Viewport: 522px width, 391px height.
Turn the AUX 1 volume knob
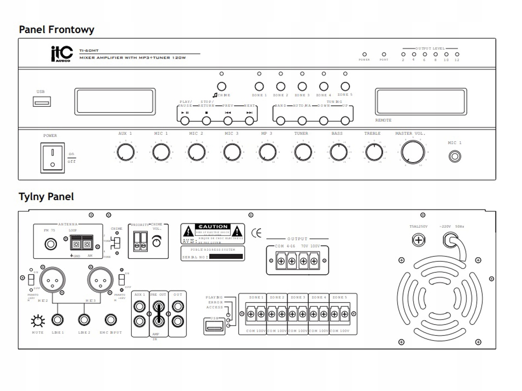click(x=126, y=152)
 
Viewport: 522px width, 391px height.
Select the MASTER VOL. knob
click(x=413, y=152)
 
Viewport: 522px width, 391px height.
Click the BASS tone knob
click(x=337, y=152)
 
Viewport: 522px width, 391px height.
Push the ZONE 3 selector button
click(x=302, y=86)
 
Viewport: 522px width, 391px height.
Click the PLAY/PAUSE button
click(x=185, y=120)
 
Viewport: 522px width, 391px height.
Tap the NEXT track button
click(x=249, y=120)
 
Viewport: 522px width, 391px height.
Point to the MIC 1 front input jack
click(x=455, y=156)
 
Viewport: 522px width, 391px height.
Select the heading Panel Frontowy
click(x=57, y=30)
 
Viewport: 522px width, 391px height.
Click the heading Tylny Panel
click(x=46, y=196)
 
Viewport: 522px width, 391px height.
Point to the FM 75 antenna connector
click(x=50, y=244)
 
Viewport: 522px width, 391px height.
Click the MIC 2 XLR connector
click(x=52, y=278)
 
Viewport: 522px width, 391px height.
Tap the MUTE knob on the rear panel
click(x=38, y=321)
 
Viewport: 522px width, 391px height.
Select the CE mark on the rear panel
click(x=257, y=234)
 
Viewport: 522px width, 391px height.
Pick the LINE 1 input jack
click(x=58, y=320)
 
